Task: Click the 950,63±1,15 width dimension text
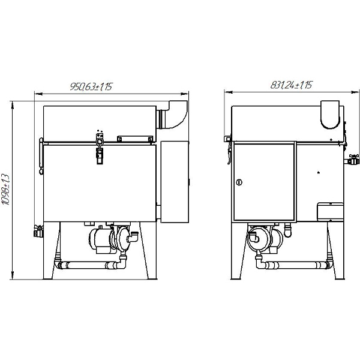pos(91,86)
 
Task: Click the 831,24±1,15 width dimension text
pos(291,85)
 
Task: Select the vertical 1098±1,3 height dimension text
pos(5,190)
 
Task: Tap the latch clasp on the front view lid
pos(100,149)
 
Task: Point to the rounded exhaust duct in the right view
pos(330,115)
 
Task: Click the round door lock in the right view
pos(239,182)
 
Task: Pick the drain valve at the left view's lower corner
pos(38,231)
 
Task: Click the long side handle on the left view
pos(41,156)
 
